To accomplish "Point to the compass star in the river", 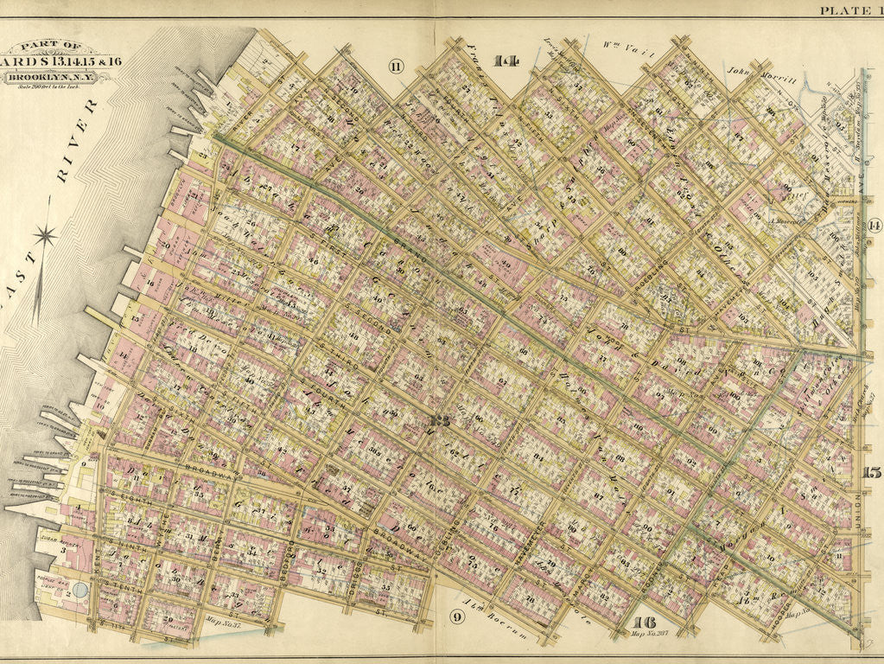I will point(45,235).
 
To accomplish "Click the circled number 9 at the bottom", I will point(456,616).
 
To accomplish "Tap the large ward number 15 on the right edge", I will point(871,472).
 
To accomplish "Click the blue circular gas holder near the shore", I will point(80,590).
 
